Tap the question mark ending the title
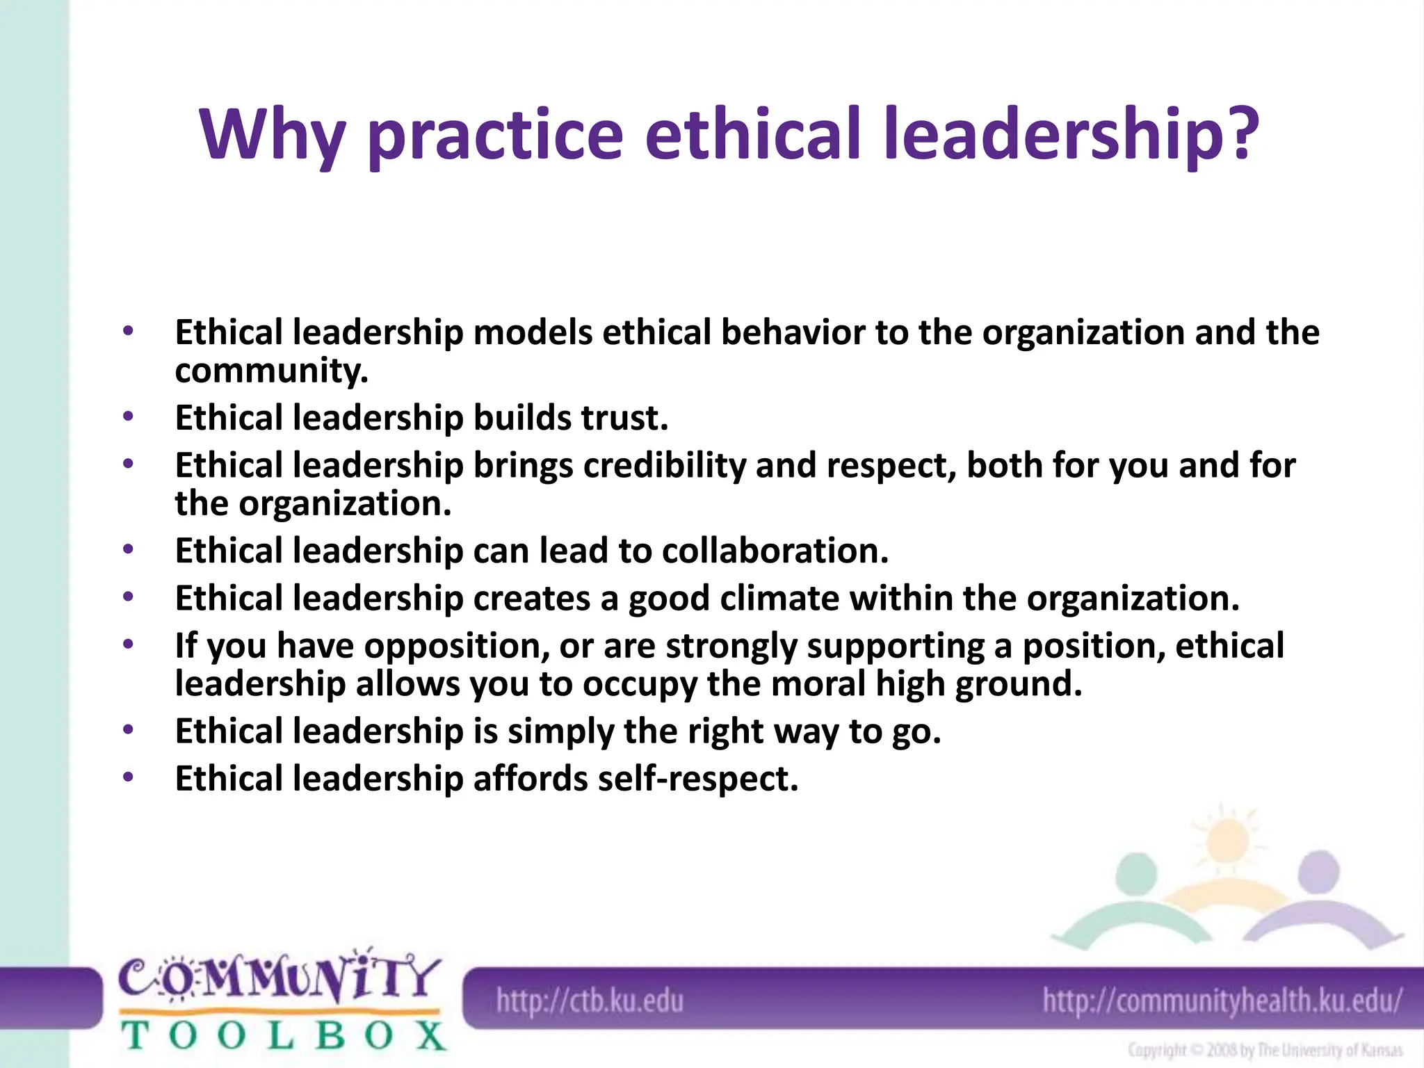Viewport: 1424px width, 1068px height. click(x=1240, y=132)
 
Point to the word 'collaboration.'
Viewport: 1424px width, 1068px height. click(x=775, y=551)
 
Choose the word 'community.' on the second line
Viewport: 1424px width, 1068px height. click(x=271, y=371)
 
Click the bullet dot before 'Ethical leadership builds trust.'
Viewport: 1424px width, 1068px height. click(x=127, y=416)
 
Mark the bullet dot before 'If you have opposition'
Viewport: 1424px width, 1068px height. click(x=127, y=645)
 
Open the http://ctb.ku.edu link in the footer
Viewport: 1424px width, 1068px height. click(x=590, y=1002)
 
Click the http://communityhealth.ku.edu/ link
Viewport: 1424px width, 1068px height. click(x=1222, y=1002)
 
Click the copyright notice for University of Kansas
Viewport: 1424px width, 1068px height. click(x=1264, y=1051)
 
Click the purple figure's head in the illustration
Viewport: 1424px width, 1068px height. click(x=1318, y=873)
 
